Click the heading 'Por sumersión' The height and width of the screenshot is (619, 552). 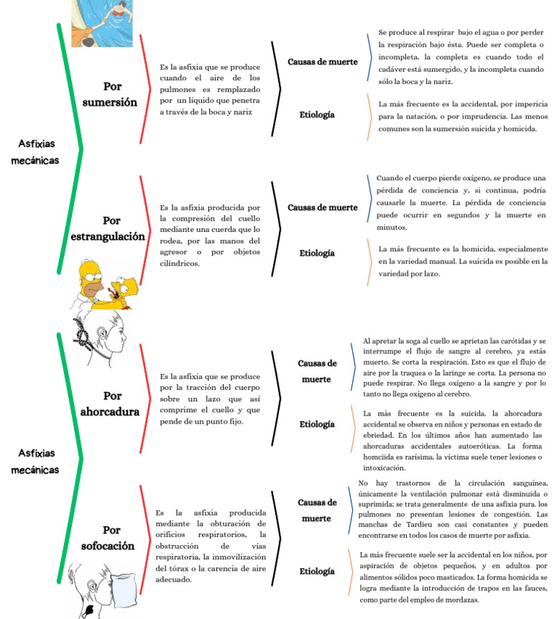coord(110,94)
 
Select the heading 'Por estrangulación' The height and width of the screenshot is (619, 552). coord(108,228)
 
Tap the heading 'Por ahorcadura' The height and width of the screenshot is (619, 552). coord(110,404)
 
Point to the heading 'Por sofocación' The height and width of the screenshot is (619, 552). coord(108,538)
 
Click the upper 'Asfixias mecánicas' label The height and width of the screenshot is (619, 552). coord(34,152)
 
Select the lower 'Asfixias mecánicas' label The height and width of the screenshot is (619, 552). coord(34,461)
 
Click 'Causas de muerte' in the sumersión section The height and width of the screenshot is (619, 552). coord(322,62)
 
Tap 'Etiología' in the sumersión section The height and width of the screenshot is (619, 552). coord(317,114)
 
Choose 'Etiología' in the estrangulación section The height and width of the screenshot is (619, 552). coord(317,253)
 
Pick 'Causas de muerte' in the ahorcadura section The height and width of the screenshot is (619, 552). coord(317,371)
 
